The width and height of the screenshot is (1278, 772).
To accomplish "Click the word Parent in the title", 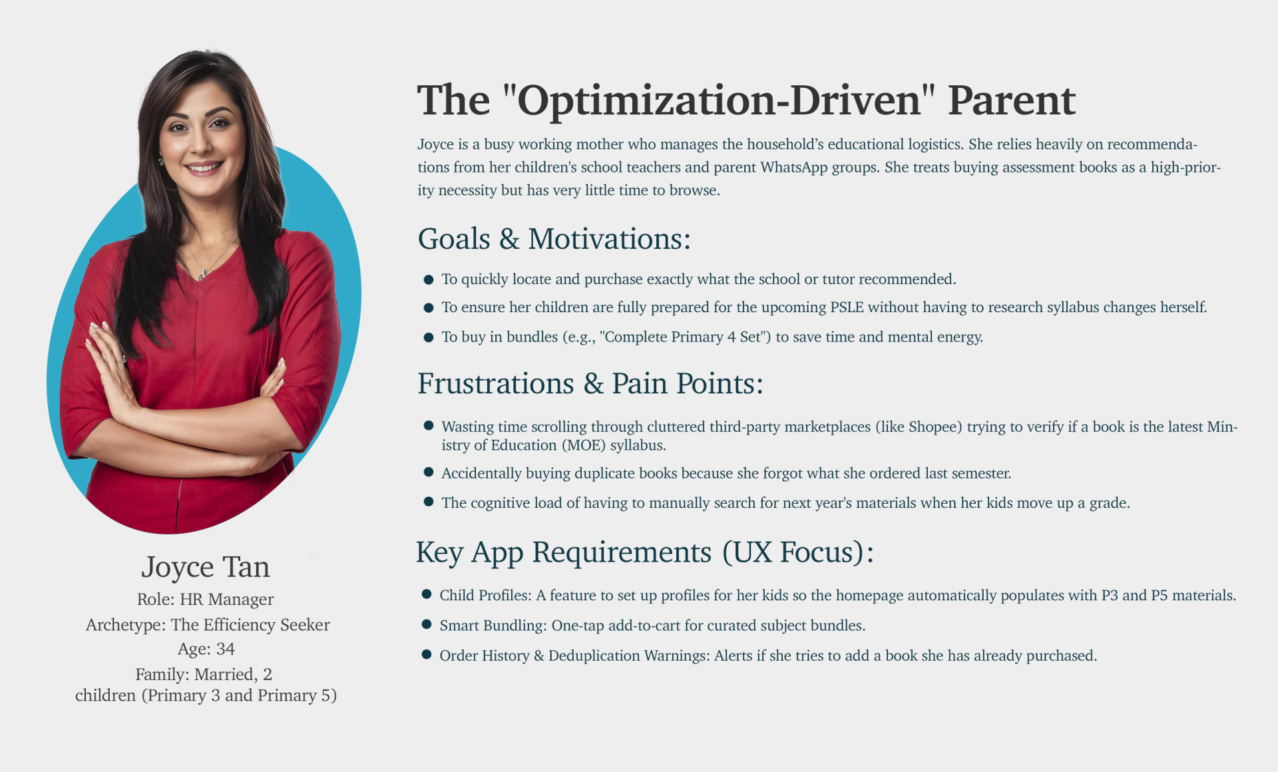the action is point(1011,100).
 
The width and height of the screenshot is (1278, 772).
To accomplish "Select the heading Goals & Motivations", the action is point(554,239).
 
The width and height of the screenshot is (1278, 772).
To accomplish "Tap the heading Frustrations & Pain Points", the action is point(590,383).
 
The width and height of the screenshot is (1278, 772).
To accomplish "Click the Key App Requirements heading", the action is point(645,552).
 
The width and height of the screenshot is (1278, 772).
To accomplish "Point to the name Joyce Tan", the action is point(206,567).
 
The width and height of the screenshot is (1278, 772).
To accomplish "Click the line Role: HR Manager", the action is point(206,599).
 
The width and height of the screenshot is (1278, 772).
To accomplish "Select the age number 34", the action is point(226,649).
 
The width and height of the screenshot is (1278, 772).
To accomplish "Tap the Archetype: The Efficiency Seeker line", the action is point(208,625).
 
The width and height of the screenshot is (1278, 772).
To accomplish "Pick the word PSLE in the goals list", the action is point(847,307).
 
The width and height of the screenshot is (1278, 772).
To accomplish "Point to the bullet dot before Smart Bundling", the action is point(427,624).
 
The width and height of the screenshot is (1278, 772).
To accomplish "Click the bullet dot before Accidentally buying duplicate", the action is point(429,472).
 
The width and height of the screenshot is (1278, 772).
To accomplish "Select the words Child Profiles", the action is point(486,595).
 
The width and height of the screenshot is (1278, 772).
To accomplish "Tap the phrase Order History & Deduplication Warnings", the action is point(575,656).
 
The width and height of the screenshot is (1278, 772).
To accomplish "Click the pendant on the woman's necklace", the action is point(203,274).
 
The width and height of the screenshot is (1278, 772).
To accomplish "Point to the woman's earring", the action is point(161,160).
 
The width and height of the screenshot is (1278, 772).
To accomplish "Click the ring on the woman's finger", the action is point(120,359).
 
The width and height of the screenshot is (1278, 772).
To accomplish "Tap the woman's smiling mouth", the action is point(204,166).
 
